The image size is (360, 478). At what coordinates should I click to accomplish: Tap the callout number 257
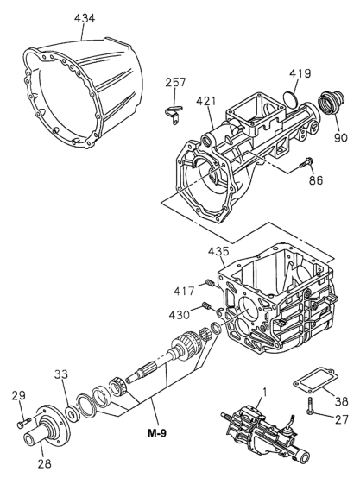point(177,83)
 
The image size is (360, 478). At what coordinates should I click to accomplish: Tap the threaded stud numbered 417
point(207,286)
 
